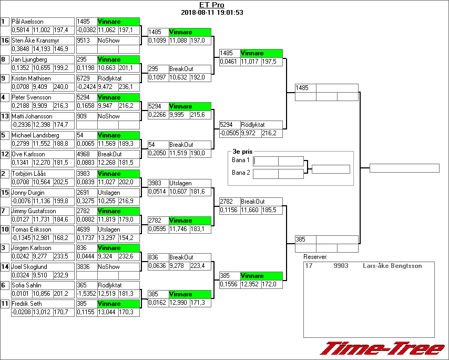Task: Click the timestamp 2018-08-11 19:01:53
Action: pos(212,13)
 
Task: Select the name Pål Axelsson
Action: pos(28,22)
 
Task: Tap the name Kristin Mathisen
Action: pos(31,78)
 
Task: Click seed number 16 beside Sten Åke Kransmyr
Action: pos(5,41)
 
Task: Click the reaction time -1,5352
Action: pos(87,293)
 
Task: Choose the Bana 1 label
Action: pos(240,160)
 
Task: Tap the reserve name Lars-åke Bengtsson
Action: pos(392,266)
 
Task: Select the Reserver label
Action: pos(315,257)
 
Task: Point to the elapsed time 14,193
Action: pos(42,49)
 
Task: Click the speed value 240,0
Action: pos(62,87)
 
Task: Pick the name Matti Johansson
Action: pos(32,116)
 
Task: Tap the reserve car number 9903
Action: pos(341,266)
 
